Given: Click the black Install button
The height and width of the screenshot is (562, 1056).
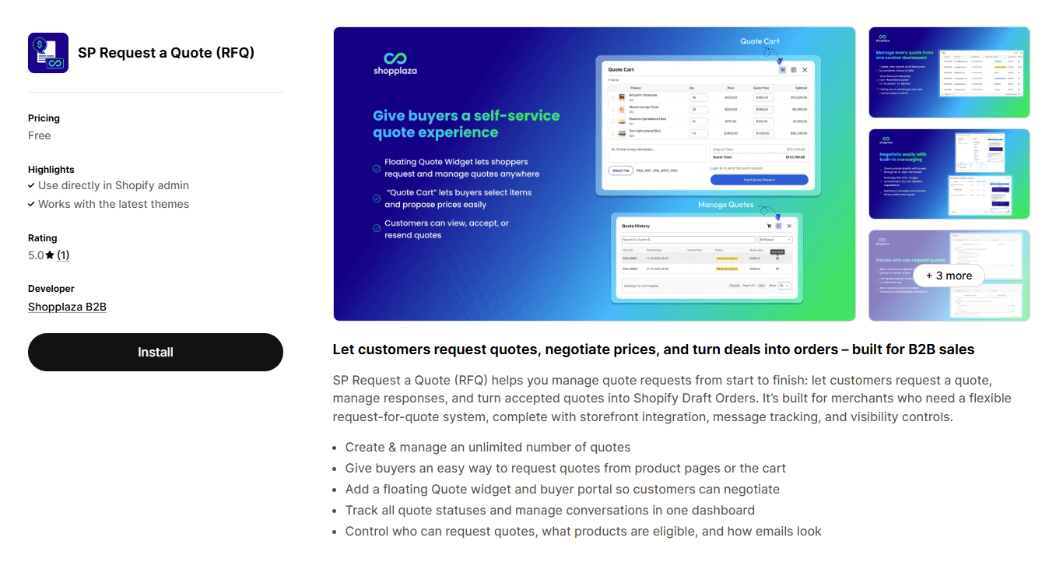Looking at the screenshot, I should pos(156,352).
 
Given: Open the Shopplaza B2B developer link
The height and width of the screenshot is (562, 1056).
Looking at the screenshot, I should pos(67,307).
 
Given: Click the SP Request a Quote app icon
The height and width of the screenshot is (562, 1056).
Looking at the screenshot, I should pos(48,53).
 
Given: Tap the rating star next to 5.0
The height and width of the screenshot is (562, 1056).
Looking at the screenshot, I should pos(50,255).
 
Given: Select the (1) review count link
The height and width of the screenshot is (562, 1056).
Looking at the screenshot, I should pos(63,255).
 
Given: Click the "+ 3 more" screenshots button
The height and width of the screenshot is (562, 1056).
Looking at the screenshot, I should pos(949,276).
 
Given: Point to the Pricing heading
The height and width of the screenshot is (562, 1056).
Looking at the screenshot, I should pos(44,118).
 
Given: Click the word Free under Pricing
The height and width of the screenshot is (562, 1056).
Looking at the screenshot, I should pos(40,135).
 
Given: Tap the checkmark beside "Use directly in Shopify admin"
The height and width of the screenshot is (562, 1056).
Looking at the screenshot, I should pos(31,185).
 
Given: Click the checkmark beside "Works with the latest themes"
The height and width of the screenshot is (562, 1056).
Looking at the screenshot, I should pos(31,204).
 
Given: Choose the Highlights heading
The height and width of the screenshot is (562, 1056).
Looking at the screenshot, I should pos(51,170).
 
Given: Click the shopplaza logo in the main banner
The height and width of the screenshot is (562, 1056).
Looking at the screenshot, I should pos(395,62).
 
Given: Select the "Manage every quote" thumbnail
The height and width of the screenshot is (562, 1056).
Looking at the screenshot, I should pos(949,72).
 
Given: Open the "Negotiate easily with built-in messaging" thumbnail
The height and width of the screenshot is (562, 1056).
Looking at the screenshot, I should pos(949,174).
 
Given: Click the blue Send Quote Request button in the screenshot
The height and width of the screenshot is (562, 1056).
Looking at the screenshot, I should pos(759,180).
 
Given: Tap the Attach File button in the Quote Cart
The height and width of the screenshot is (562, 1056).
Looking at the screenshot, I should pos(620,170).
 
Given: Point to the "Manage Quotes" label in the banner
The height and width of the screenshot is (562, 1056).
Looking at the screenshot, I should pos(725,205).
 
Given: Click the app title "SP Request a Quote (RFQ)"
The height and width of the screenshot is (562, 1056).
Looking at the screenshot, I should pos(166,53).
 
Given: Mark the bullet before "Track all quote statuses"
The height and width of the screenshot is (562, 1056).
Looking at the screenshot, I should pos(336,511).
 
